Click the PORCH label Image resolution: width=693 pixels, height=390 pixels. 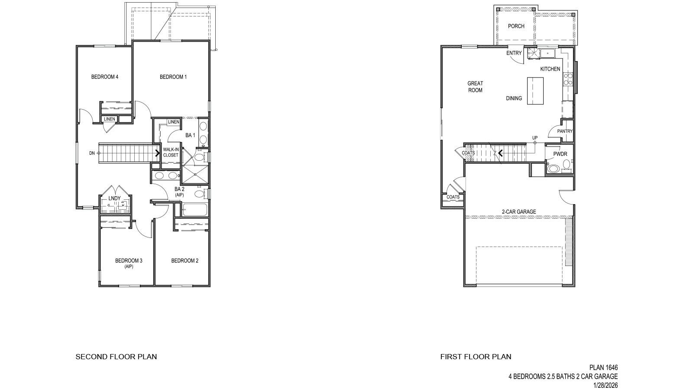[516, 26]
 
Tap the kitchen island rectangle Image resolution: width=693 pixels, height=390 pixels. [535, 91]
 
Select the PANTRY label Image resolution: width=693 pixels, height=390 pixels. [565, 131]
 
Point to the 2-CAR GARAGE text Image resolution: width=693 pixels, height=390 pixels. [518, 212]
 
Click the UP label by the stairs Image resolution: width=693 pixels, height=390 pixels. [535, 138]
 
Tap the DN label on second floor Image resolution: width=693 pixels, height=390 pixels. [92, 153]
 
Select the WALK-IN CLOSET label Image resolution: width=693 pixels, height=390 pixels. [171, 152]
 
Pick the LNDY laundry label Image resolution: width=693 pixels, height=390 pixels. [114, 198]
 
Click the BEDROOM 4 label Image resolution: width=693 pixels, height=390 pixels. [105, 77]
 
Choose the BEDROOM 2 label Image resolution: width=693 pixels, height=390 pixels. [185, 260]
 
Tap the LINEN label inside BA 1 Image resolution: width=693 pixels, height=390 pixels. [174, 122]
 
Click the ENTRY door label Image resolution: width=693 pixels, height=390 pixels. [514, 53]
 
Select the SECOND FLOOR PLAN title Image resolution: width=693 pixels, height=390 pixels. [116, 357]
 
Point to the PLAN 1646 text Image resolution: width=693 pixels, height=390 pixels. [603, 367]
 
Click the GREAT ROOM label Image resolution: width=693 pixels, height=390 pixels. [475, 87]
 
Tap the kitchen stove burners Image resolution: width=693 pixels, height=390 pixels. [568, 78]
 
